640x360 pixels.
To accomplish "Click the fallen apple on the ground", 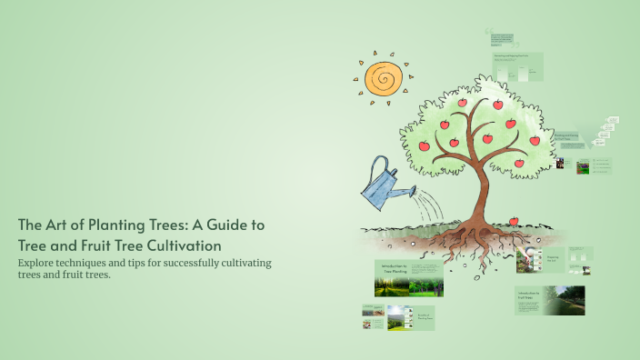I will click(514, 222).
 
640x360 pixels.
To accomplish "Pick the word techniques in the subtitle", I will click(101, 263).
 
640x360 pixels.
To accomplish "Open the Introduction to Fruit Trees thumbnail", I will click(550, 301).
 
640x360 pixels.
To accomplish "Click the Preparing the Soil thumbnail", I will click(555, 260).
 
